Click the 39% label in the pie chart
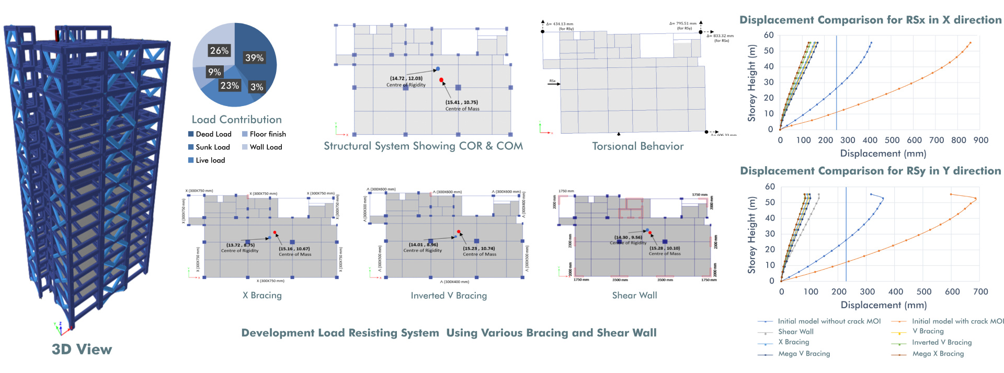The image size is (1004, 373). (x=254, y=58)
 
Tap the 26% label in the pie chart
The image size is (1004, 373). (x=219, y=51)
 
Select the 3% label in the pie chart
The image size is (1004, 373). (x=257, y=87)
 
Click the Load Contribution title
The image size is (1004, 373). (x=236, y=120)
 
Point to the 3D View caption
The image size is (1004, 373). (x=82, y=349)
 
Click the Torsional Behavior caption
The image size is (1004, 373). (x=637, y=146)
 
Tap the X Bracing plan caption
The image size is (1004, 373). (x=262, y=295)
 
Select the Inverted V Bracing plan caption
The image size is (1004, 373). (x=449, y=296)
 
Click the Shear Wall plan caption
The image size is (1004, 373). (x=634, y=295)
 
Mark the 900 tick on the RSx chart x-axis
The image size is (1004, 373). (x=980, y=140)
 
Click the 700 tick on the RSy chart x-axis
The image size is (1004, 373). (x=980, y=292)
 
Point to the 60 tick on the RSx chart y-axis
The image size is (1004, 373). (x=769, y=35)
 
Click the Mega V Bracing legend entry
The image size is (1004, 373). (x=804, y=354)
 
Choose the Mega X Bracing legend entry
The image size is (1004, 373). (x=938, y=354)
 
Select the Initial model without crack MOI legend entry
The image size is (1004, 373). (x=829, y=321)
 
